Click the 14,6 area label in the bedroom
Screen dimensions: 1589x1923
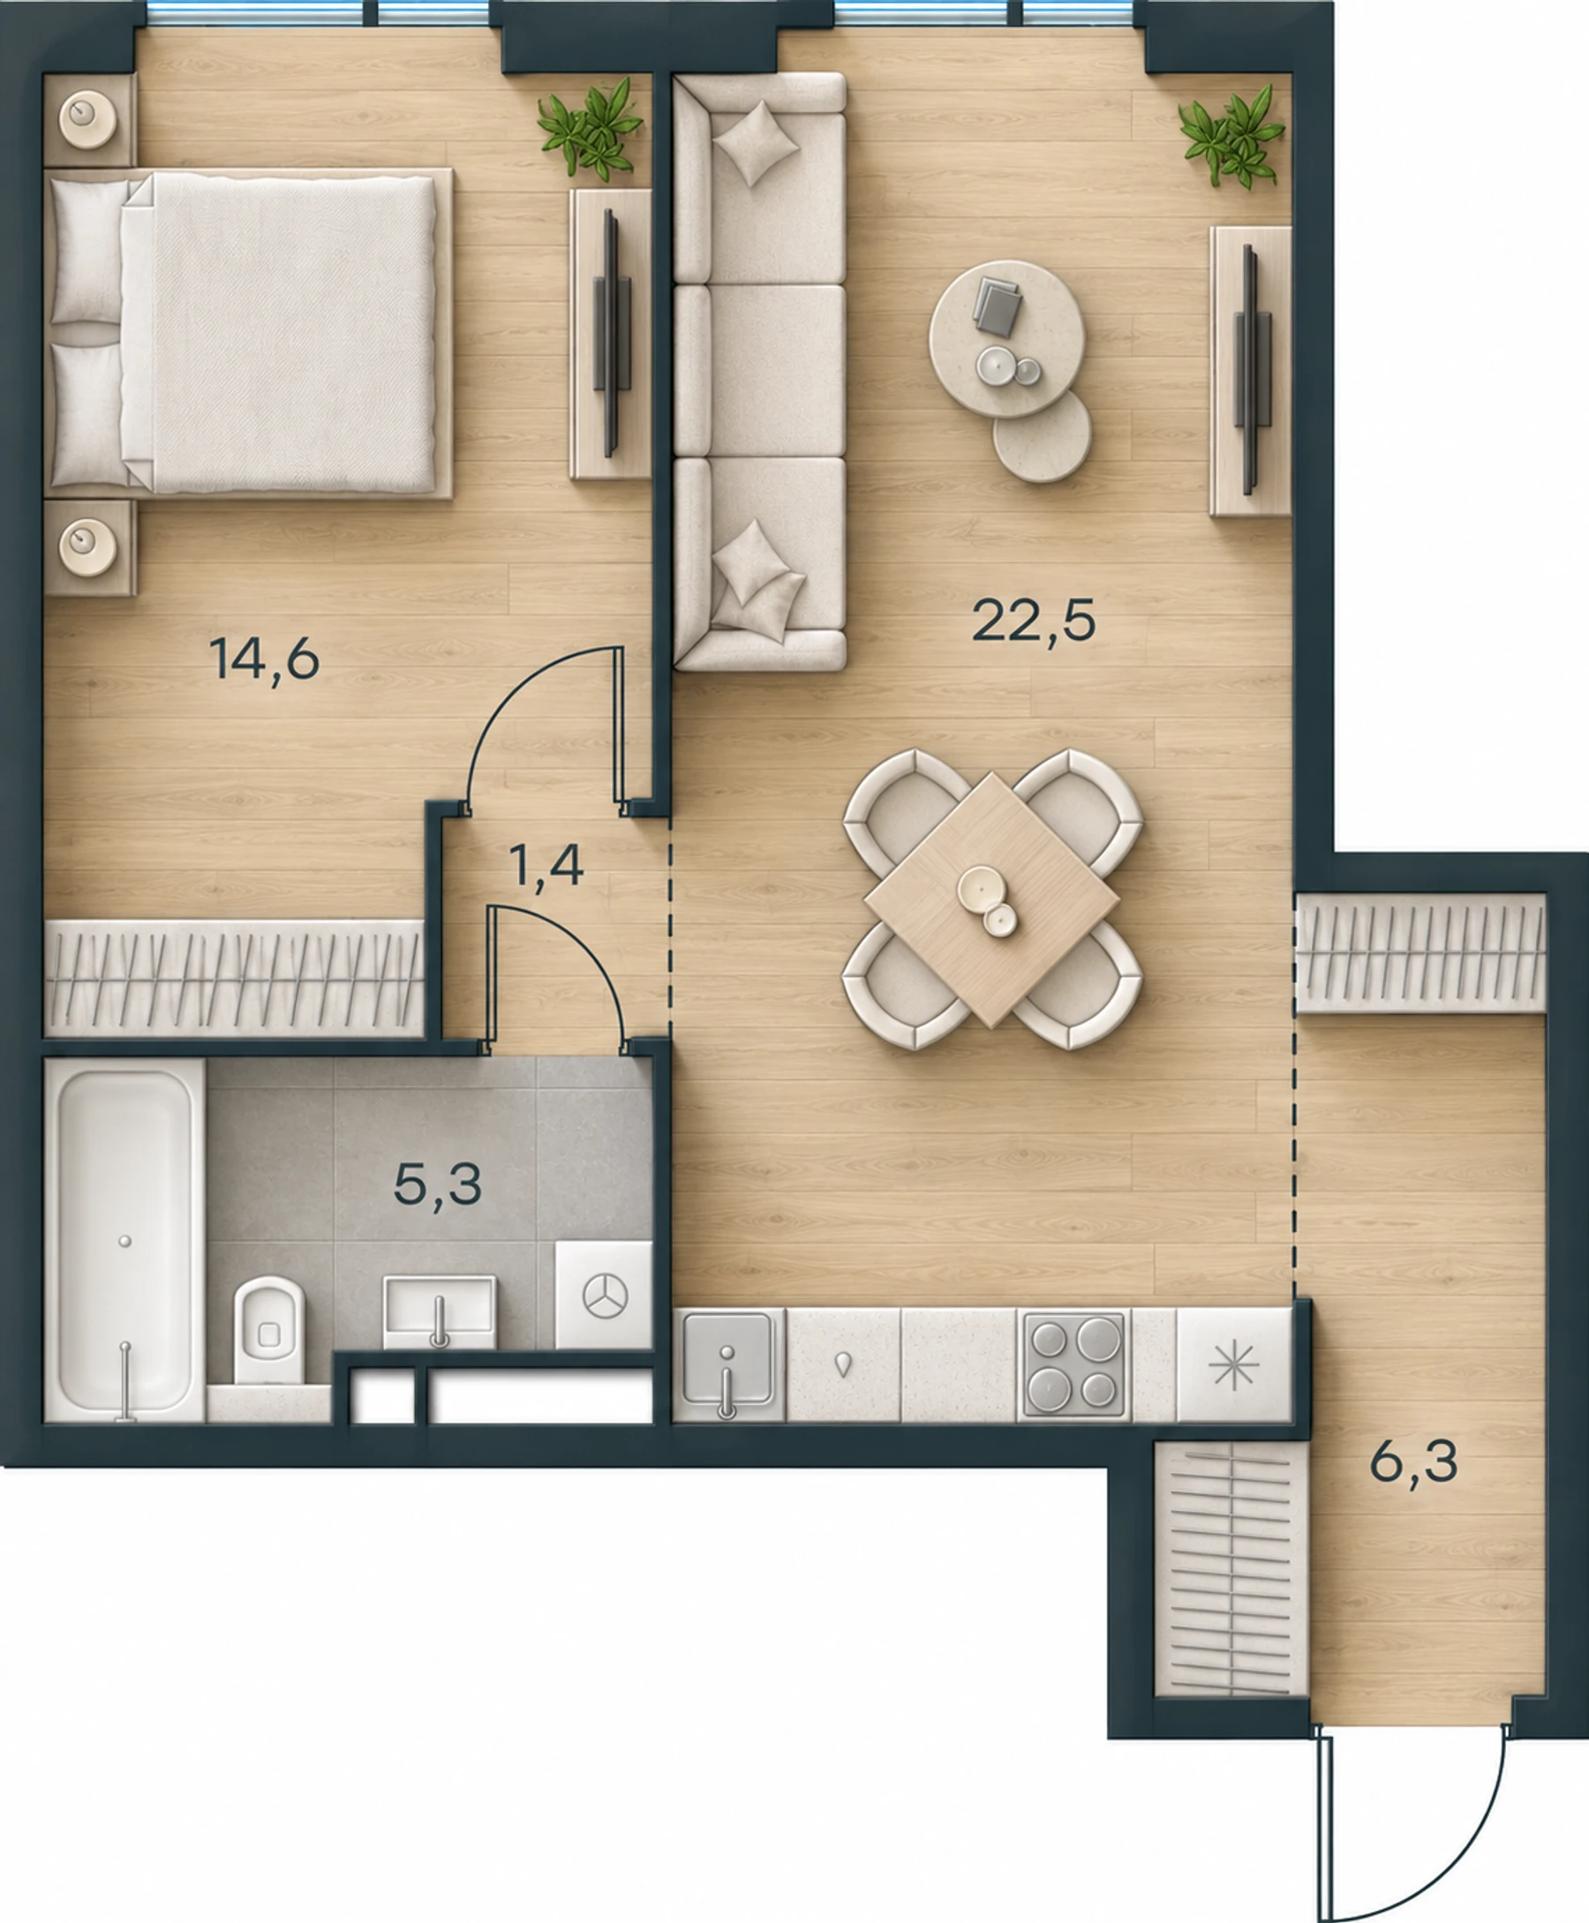(x=265, y=659)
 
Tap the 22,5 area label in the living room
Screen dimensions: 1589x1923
(x=1034, y=621)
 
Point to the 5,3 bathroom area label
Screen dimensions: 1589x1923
(x=438, y=1185)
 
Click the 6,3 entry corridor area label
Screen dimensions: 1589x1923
(x=1414, y=1462)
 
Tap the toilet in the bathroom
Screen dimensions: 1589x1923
(x=269, y=1330)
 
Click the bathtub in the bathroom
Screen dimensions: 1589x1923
(x=124, y=1240)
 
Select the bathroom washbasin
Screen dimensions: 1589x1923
(x=440, y=1311)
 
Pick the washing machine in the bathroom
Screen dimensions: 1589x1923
(x=604, y=1295)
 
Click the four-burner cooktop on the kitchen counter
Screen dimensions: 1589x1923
(x=1073, y=1365)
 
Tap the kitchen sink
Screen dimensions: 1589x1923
(x=728, y=1365)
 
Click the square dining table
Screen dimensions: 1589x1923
(x=992, y=900)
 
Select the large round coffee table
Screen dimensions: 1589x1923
(x=1007, y=340)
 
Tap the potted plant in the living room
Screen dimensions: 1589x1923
(x=1233, y=137)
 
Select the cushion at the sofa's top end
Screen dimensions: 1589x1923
(x=755, y=144)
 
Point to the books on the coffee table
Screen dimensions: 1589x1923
(x=997, y=304)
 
